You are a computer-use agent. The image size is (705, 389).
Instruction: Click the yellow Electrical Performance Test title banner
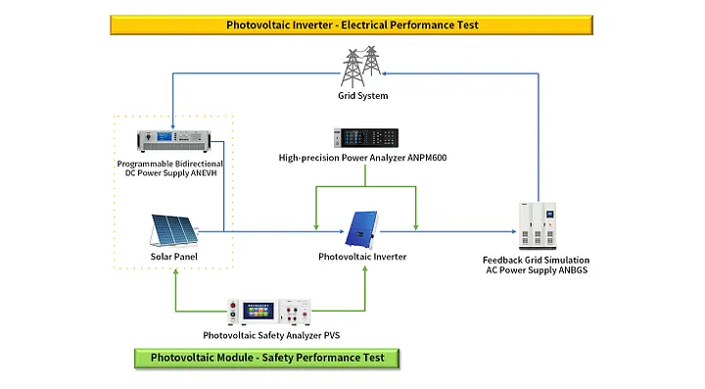click(x=352, y=24)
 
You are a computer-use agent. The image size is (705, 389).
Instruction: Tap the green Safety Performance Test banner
click(x=266, y=358)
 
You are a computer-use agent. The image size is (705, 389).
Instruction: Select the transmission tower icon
click(x=361, y=67)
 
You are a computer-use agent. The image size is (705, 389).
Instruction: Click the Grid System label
click(x=363, y=96)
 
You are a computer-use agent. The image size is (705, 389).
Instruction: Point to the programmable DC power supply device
click(x=173, y=141)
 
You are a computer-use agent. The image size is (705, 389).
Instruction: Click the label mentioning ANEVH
click(x=170, y=169)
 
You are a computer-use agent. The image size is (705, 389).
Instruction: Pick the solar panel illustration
click(x=174, y=230)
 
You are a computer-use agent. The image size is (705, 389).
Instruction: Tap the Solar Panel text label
click(x=174, y=257)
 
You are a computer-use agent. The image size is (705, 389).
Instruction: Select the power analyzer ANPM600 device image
click(x=366, y=137)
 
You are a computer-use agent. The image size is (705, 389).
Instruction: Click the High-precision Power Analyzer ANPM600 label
click(x=363, y=158)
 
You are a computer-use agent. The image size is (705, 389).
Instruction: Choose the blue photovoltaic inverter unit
click(x=361, y=229)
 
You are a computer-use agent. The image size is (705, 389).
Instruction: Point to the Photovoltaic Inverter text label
click(x=362, y=257)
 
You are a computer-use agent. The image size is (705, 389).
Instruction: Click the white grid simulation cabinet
click(x=538, y=225)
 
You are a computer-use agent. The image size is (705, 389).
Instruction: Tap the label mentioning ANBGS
click(x=537, y=265)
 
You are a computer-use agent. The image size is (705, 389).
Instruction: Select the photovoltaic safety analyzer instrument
click(x=269, y=312)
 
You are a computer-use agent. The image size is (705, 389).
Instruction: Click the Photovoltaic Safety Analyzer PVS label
click(x=271, y=335)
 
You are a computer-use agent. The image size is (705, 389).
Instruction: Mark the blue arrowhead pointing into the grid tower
click(x=385, y=73)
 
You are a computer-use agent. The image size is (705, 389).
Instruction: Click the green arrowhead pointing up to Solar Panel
click(x=176, y=272)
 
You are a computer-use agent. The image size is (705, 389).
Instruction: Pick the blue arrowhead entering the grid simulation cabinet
click(x=514, y=231)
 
